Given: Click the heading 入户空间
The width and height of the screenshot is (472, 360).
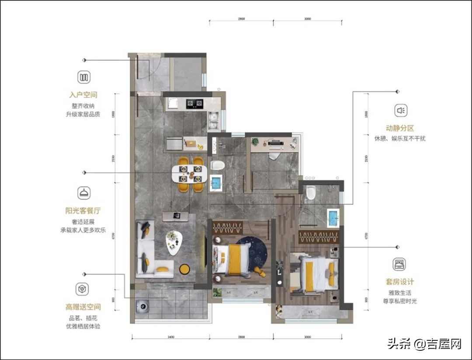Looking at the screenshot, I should pos(83,95).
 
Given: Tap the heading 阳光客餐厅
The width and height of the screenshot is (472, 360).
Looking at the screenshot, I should pos(83,210).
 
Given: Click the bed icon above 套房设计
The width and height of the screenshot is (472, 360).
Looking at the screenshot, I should pos(399,264).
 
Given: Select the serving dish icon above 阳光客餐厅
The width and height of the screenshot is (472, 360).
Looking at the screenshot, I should pos(83,192).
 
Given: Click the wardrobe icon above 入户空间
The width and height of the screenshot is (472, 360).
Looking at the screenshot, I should pos(84,77).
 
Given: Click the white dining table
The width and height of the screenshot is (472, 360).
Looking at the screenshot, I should pos(188,174).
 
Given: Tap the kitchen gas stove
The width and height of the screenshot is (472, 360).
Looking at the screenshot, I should pos(195,104).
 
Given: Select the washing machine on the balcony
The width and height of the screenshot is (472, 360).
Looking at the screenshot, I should pos(142,306).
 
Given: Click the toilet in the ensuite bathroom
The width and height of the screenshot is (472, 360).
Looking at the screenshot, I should pos(311,192).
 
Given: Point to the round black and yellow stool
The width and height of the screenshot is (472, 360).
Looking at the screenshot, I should pos(184,269).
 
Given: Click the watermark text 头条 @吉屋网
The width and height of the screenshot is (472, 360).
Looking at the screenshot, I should pos(424,344).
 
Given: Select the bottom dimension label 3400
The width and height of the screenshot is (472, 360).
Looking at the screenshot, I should pos(170,337).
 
